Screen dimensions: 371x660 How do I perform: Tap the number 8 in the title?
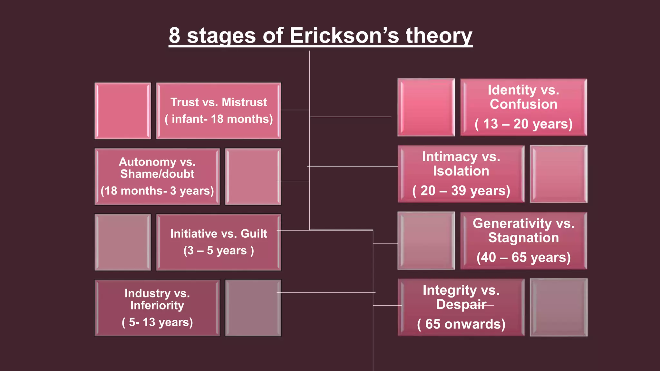click(x=174, y=35)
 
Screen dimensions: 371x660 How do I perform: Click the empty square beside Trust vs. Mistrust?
click(x=122, y=111)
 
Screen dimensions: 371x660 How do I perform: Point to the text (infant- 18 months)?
click(x=218, y=119)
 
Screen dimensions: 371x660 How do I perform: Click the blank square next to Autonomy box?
click(x=253, y=176)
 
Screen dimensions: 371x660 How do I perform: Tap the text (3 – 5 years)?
click(x=218, y=251)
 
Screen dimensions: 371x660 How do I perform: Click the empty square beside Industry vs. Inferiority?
click(x=253, y=308)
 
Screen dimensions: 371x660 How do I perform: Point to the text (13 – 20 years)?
click(x=523, y=124)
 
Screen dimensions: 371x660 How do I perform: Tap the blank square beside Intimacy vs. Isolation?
click(x=558, y=174)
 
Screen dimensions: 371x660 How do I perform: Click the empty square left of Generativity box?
click(x=426, y=241)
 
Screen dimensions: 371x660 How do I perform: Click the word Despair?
click(x=461, y=304)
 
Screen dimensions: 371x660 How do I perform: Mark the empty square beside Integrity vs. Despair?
click(x=558, y=307)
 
